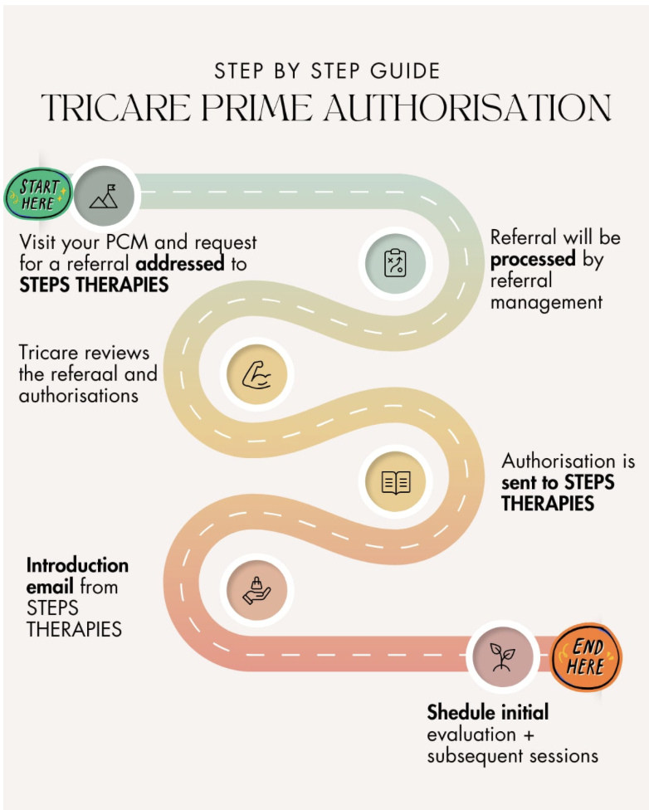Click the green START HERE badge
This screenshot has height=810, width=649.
pos(36,195)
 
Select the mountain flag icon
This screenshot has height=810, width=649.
pos(105,195)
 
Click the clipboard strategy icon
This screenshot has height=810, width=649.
pos(396,264)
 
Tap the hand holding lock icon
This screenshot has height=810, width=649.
pos(256,590)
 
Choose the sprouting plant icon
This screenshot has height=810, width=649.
pos(501,656)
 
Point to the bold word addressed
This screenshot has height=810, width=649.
pos(180,265)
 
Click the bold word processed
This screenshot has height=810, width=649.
pos(533,259)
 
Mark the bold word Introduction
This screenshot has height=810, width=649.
pos(77,565)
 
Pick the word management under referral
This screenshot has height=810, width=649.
pos(546,302)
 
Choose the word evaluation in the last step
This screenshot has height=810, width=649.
pos(471,734)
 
